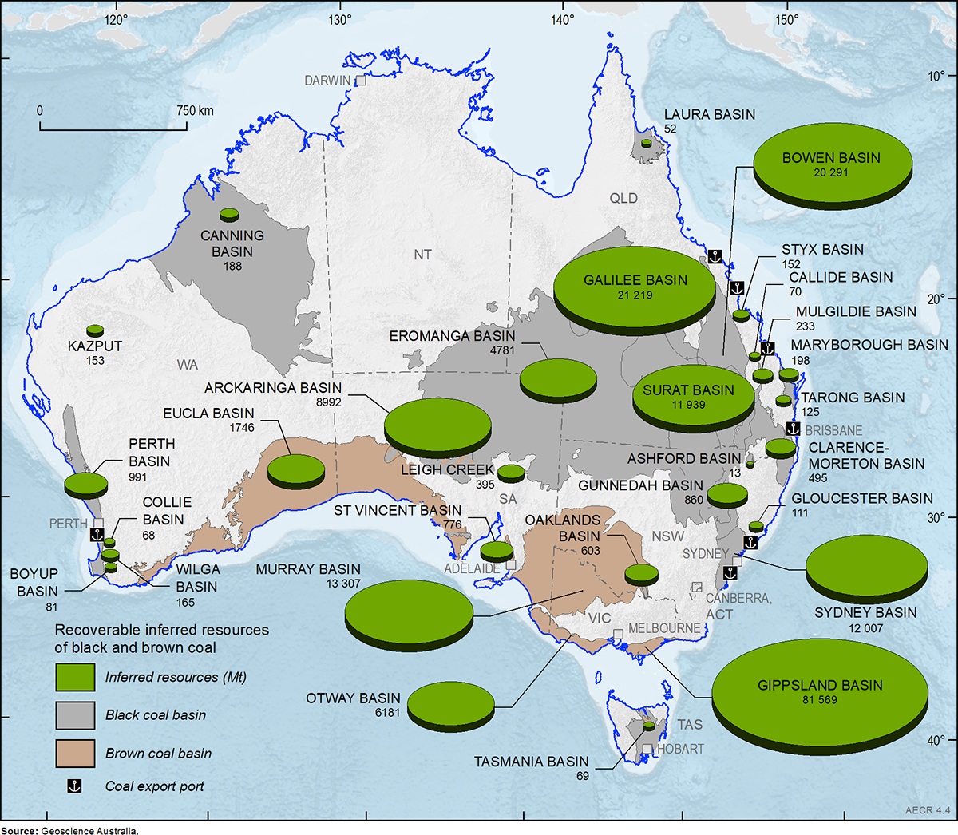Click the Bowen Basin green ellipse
832,164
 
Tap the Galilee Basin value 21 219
635,295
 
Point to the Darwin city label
327,81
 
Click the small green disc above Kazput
95,330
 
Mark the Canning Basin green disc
229,214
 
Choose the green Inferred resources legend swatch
75,677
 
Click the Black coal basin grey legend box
75,715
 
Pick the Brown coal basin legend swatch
75,753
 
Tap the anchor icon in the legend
74,786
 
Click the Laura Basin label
710,114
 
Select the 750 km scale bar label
195,111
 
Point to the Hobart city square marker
647,750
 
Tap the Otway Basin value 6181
387,713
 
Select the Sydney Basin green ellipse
866,566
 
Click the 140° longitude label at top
562,19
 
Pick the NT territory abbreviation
422,255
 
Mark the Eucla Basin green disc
295,469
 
